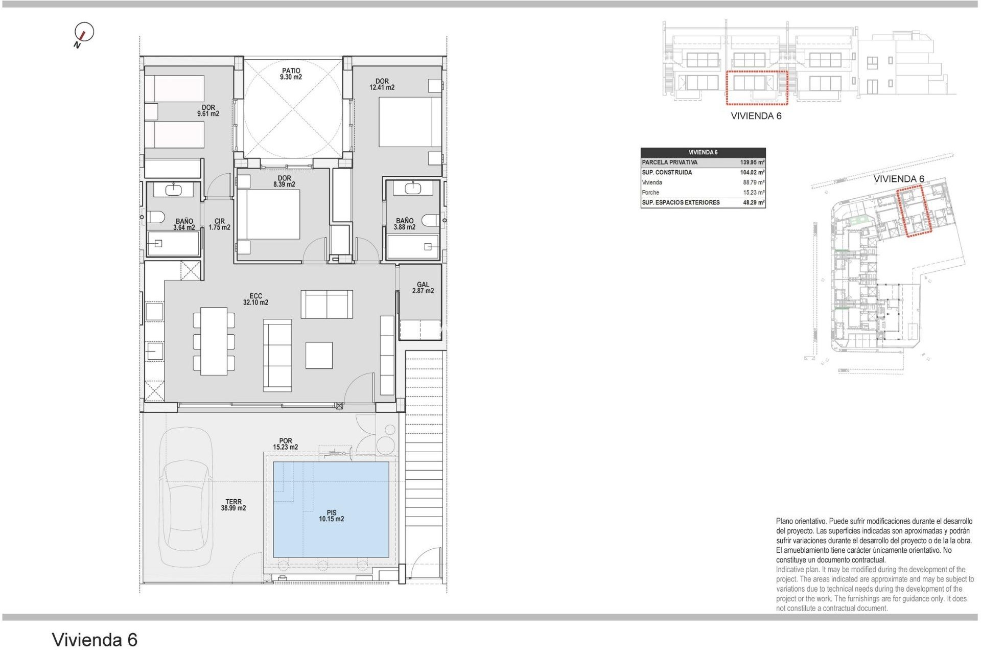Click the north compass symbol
(x=84, y=33)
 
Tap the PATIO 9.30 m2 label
(x=291, y=74)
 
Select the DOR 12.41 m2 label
(x=382, y=84)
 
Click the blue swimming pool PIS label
(x=331, y=516)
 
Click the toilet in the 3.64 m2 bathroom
(x=156, y=217)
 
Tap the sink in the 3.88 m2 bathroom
(x=412, y=189)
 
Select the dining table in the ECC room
(x=214, y=341)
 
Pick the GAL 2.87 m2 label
(x=423, y=288)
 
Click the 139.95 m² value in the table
(x=752, y=162)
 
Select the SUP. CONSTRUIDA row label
(x=667, y=173)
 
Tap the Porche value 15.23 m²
(x=753, y=193)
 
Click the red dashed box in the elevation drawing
(x=757, y=88)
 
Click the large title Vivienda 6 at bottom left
(x=95, y=640)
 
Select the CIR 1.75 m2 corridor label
(x=219, y=224)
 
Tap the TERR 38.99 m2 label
(x=233, y=505)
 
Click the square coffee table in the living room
(x=319, y=355)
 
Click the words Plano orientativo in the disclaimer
(x=801, y=522)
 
